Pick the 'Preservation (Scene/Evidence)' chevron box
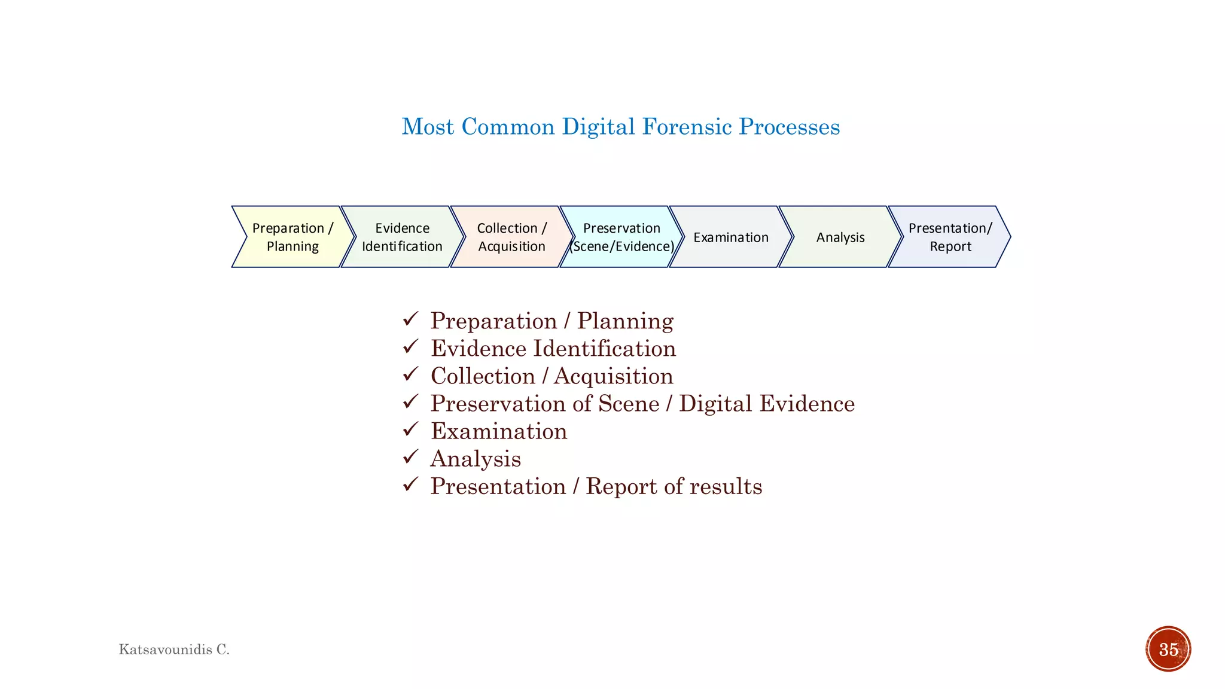click(621, 237)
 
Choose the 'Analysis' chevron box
click(840, 237)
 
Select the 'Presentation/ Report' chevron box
click(950, 237)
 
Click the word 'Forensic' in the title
click(687, 127)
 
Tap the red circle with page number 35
click(1168, 649)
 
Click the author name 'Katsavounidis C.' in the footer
click(174, 650)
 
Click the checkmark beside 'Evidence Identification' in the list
click(410, 347)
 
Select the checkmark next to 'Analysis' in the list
click(410, 458)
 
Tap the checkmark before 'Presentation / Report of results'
click(410, 484)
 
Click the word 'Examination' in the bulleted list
click(499, 431)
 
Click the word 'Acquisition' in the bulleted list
click(614, 376)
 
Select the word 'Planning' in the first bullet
click(625, 321)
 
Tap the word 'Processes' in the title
click(790, 127)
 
